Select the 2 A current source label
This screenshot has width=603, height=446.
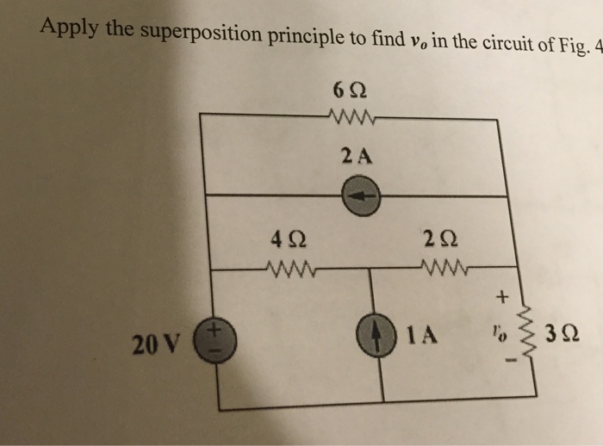pos(355,156)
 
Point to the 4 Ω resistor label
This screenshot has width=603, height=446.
pos(286,238)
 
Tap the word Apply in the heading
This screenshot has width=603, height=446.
pos(69,28)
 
